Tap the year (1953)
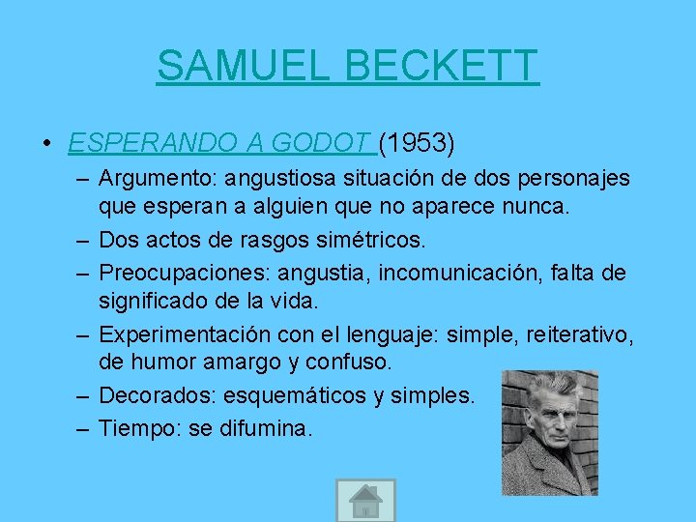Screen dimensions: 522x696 (x=417, y=144)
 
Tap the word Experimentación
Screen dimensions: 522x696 (x=181, y=334)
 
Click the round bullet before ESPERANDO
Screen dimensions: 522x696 (x=46, y=145)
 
